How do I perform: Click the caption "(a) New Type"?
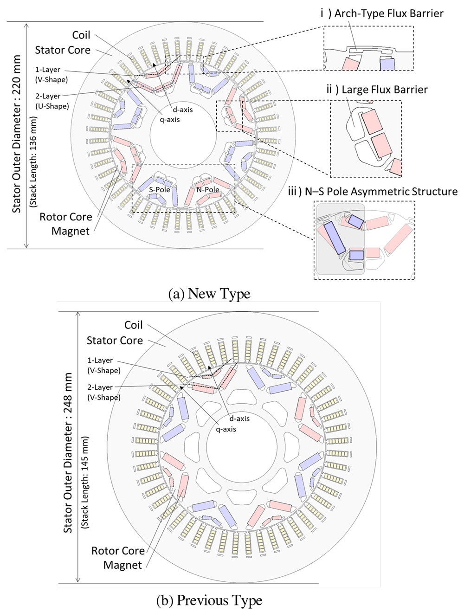pos(210,294)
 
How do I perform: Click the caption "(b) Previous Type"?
pos(210,600)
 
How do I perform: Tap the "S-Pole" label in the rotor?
pos(160,190)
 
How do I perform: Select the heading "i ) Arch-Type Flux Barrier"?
pos(382,13)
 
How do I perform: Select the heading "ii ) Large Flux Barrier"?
pos(377,89)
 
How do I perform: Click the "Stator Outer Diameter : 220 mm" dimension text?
pos(17,134)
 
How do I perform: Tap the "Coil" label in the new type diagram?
pos(81,35)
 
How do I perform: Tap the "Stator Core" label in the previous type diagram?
pos(115,341)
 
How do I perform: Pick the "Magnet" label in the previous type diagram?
pos(122,565)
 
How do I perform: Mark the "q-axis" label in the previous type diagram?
pos(226,429)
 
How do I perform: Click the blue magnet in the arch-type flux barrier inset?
pos(387,64)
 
